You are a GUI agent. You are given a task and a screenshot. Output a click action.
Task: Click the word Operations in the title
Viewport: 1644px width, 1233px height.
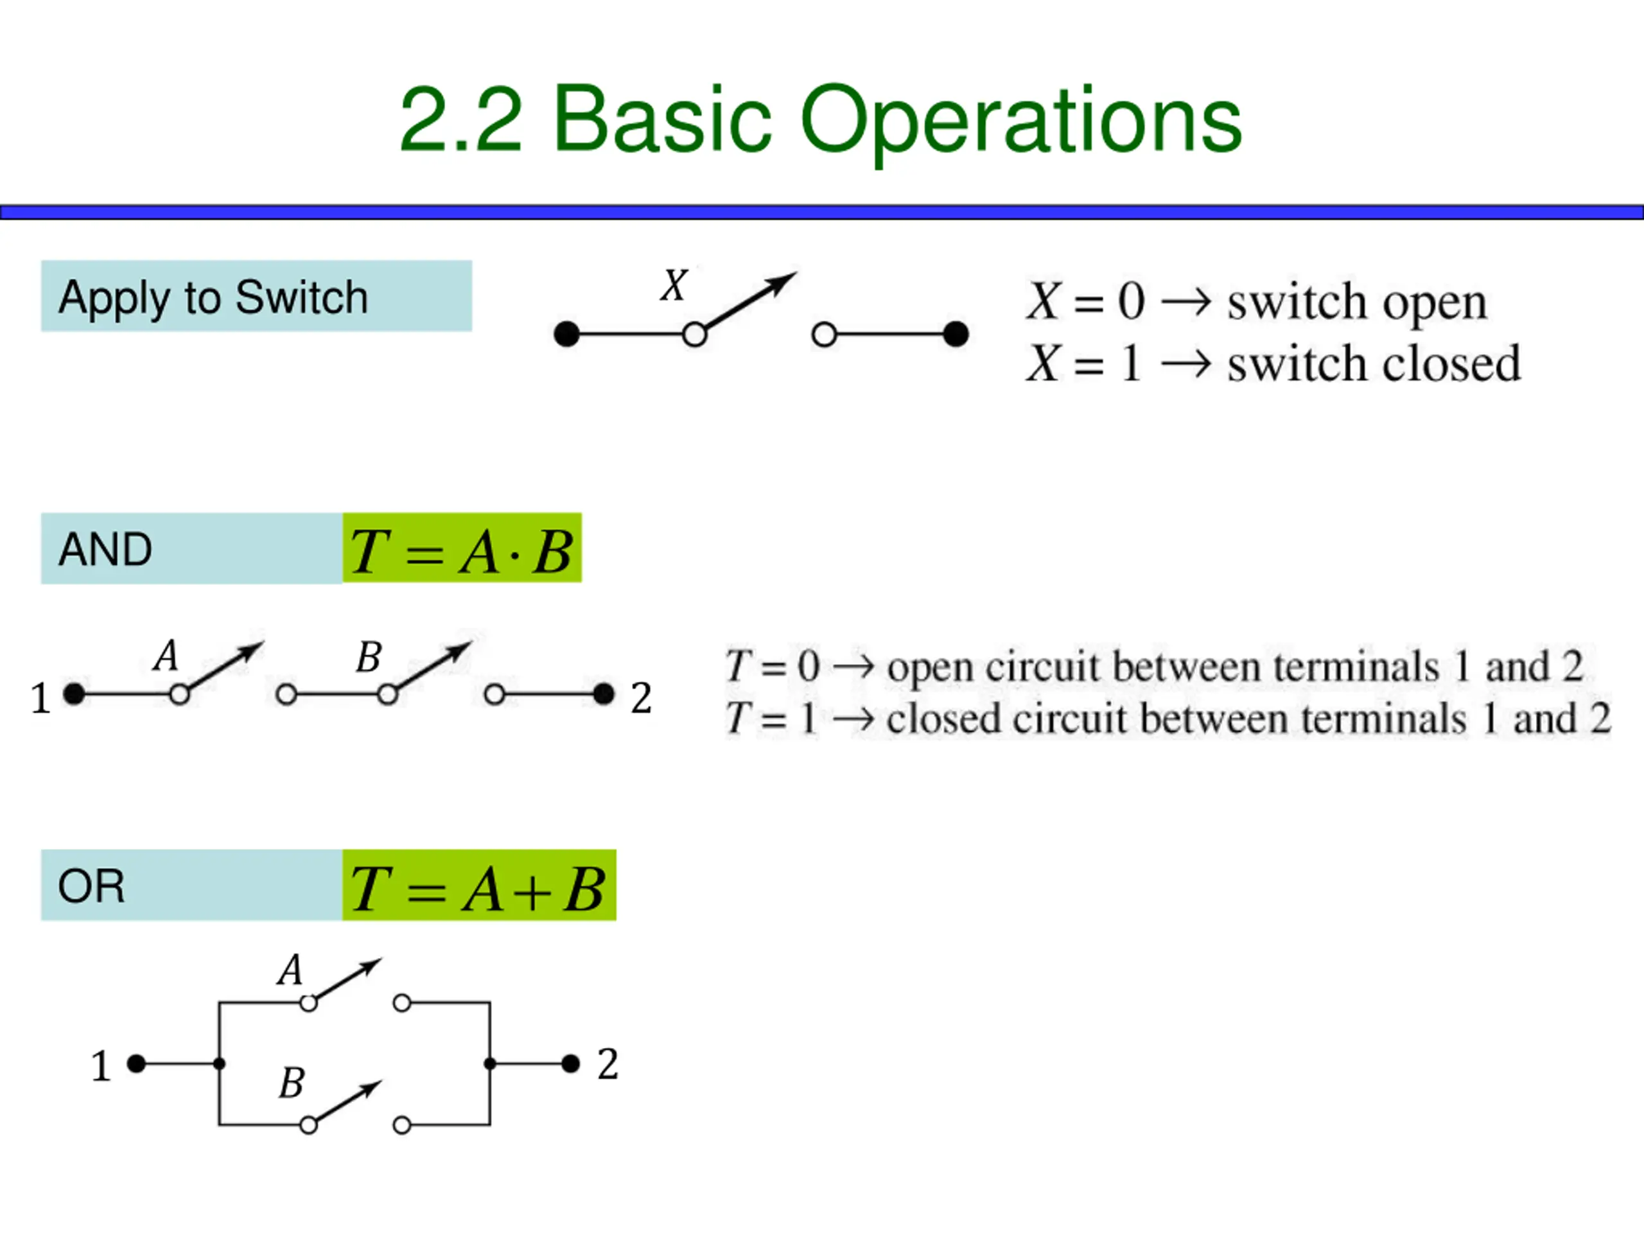point(1020,121)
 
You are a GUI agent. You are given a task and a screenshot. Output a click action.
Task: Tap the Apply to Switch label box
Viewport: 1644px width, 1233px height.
point(256,296)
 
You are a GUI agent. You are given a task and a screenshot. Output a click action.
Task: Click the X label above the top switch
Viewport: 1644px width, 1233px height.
point(674,285)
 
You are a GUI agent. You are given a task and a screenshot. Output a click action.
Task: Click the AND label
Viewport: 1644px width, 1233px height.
point(105,549)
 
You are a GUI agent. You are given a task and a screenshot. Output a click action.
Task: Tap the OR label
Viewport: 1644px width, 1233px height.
point(91,886)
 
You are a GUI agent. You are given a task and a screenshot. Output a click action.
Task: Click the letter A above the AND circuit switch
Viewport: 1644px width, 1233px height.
point(166,656)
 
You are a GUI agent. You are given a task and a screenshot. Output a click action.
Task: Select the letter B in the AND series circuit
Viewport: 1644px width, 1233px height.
point(369,657)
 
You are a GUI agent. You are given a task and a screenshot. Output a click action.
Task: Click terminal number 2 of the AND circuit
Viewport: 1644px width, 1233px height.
point(641,698)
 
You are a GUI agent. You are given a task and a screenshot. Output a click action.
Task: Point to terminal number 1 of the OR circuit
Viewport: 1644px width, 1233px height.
point(100,1066)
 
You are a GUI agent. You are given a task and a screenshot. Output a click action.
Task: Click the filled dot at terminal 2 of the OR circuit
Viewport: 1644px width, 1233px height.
point(570,1063)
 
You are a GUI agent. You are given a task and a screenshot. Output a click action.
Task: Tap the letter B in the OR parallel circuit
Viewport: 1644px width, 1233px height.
point(292,1083)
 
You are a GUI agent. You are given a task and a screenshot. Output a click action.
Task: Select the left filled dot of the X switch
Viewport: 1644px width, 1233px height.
point(566,335)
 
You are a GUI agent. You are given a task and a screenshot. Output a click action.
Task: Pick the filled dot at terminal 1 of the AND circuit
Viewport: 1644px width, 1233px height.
point(74,694)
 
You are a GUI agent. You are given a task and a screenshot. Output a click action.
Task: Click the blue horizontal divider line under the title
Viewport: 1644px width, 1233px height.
point(822,213)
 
